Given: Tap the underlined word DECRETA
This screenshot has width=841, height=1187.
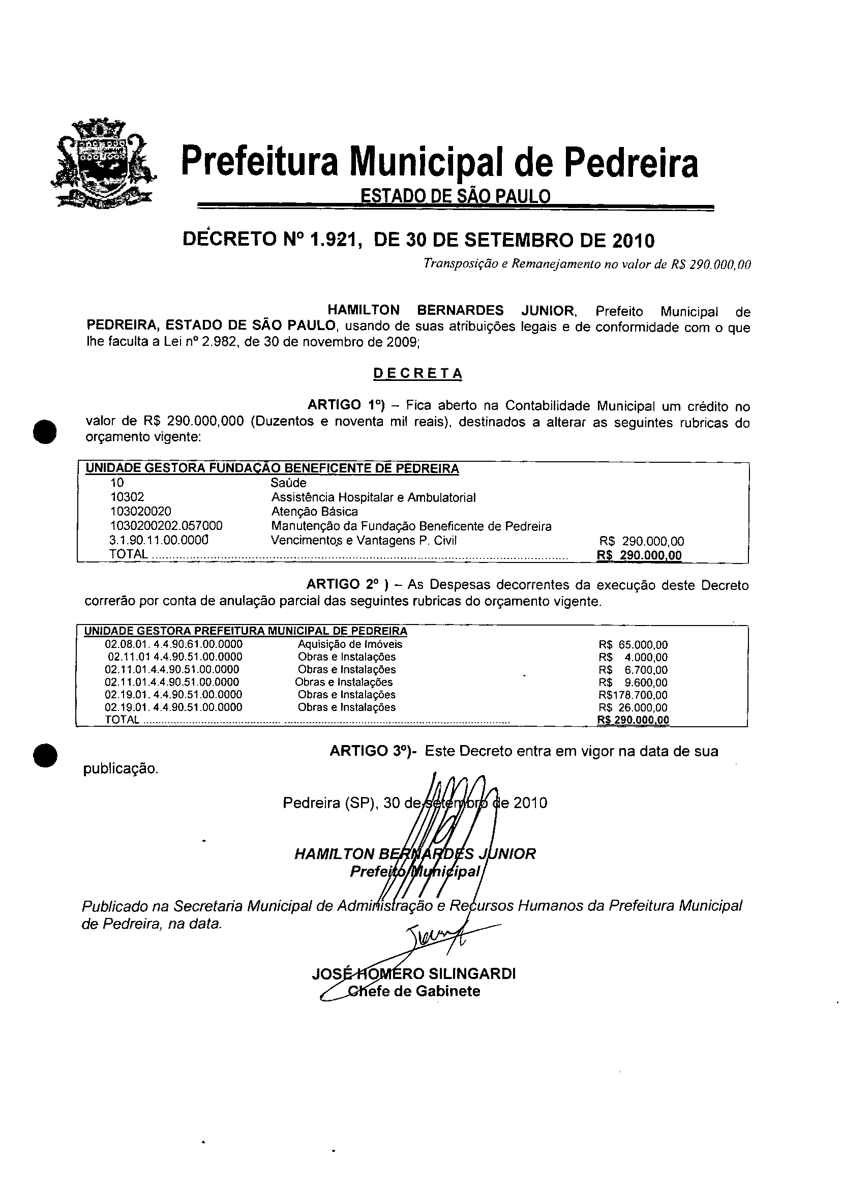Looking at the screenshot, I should [417, 373].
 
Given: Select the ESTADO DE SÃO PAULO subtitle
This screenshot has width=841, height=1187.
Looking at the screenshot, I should [455, 196].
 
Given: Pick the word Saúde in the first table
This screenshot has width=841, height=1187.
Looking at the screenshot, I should [288, 483].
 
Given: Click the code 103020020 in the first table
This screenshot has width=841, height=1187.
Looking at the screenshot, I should [141, 512].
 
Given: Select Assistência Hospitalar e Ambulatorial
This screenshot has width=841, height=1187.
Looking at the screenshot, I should [373, 497].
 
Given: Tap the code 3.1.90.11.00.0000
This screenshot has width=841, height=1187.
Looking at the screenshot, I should [159, 540].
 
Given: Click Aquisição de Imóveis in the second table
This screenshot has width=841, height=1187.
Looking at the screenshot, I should [350, 644].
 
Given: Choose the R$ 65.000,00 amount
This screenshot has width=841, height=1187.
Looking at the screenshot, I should [633, 645].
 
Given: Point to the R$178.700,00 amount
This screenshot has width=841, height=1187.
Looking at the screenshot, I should [633, 695].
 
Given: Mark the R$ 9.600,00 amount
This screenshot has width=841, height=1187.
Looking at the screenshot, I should [633, 682].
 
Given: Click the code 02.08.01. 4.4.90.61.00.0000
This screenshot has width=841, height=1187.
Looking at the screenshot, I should [173, 644].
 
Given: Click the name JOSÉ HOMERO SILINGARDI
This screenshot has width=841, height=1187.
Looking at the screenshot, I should [414, 974].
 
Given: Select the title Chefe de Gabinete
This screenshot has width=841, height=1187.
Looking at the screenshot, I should [414, 991].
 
